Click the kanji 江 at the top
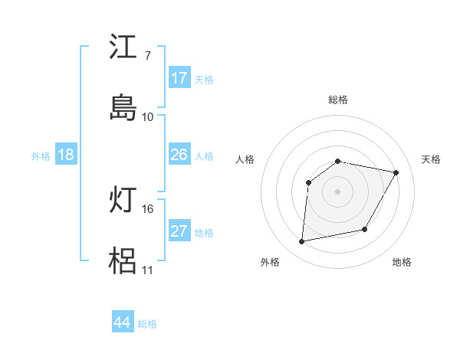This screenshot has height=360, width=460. [x=123, y=47]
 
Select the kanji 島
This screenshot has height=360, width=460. [x=123, y=107]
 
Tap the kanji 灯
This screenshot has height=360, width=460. [x=123, y=200]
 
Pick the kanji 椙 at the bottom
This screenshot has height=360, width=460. [x=123, y=260]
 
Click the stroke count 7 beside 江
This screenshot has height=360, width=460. [x=147, y=56]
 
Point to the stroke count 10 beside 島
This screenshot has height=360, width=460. [x=147, y=116]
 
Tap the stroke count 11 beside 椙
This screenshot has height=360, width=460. [x=147, y=270]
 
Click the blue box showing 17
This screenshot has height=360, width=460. [x=179, y=78]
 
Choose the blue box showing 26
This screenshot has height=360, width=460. [x=179, y=155]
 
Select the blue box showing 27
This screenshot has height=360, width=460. [x=179, y=231]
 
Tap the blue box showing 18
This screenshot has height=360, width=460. [x=66, y=155]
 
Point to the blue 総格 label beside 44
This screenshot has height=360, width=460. [x=147, y=324]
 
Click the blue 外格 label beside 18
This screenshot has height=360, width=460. [x=41, y=156]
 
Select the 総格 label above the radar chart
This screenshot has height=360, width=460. [x=338, y=100]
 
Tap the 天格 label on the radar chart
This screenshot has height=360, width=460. [x=432, y=159]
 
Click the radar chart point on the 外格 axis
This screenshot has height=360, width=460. [x=302, y=242]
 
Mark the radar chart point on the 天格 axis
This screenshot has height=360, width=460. [x=396, y=172]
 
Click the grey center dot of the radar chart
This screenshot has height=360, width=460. [x=338, y=191]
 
